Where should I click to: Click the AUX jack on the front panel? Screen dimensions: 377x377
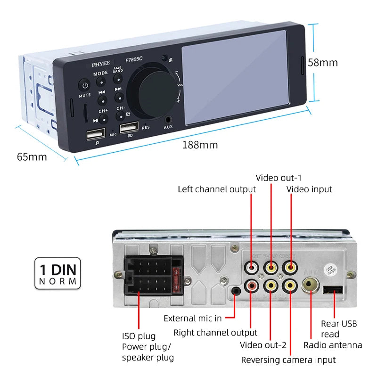[168, 120]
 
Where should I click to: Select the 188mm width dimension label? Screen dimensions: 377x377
[200, 145]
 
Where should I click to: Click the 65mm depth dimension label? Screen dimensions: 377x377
[32, 156]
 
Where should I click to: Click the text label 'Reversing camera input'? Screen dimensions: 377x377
[288, 360]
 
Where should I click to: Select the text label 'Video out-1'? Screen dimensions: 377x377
[279, 178]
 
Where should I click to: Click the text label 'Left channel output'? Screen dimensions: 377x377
[217, 189]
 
